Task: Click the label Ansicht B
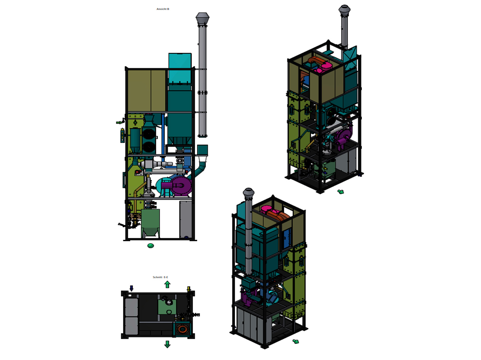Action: point(163,9)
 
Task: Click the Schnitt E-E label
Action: point(160,277)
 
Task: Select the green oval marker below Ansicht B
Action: point(151,246)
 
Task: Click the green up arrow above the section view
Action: point(167,284)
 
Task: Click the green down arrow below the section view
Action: point(167,344)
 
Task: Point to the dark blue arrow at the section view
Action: point(131,288)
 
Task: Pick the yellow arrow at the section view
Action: point(188,289)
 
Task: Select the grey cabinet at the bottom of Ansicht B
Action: point(186,219)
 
